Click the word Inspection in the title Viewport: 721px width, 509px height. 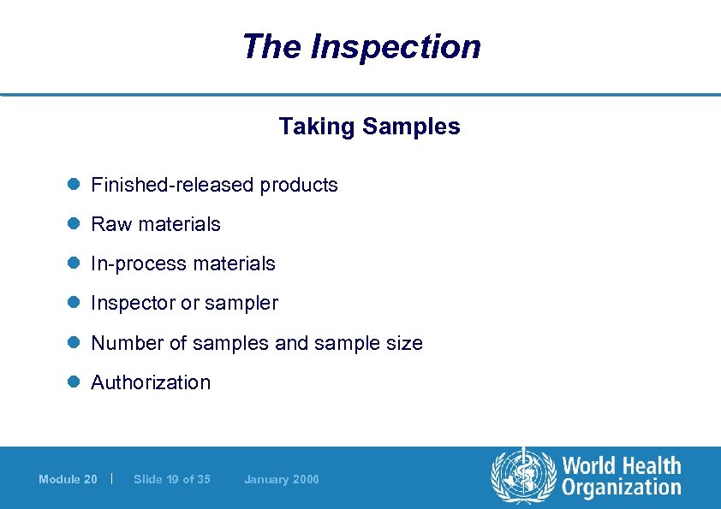point(396,46)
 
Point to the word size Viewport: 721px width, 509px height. point(403,343)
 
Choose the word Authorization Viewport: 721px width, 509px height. point(151,382)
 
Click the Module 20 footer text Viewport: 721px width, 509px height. point(68,479)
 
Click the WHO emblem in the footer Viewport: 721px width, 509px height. point(521,476)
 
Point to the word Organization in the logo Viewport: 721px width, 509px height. point(621,488)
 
